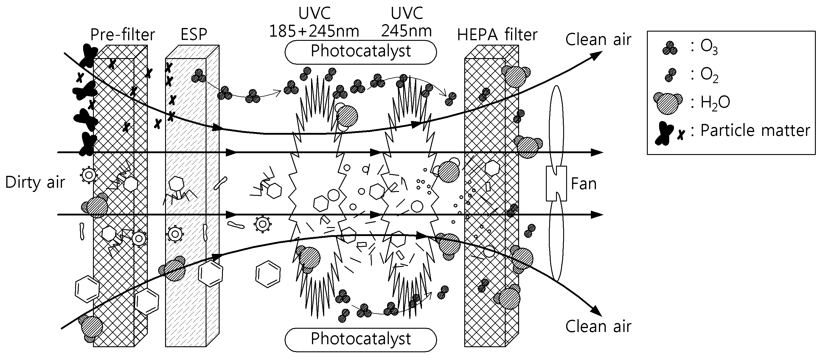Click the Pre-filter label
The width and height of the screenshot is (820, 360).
(x=122, y=35)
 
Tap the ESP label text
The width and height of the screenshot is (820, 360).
(x=194, y=34)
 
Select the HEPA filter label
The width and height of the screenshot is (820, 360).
(x=497, y=35)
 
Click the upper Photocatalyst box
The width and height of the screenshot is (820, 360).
(x=361, y=52)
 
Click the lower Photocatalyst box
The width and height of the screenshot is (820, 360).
(x=361, y=339)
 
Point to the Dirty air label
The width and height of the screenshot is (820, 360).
(x=35, y=182)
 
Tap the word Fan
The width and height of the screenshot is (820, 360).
(x=583, y=184)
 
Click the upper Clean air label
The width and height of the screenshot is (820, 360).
(x=598, y=40)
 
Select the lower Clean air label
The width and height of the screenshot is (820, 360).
(x=598, y=327)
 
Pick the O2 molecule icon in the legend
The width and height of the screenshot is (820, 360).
(x=670, y=75)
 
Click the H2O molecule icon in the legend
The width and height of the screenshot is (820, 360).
(x=668, y=103)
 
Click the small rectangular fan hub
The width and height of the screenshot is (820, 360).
(x=556, y=184)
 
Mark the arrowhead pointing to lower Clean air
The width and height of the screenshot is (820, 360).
(x=596, y=311)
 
